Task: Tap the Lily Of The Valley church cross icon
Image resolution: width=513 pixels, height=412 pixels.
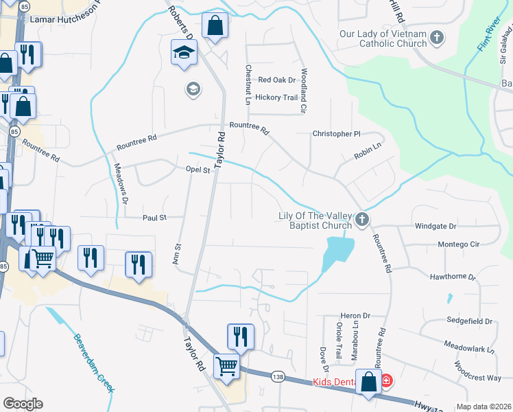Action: (362, 220)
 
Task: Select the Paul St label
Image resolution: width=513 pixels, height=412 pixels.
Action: (154, 218)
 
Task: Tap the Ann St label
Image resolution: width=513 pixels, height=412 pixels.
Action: (178, 255)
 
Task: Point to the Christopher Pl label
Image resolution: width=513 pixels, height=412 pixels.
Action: (336, 133)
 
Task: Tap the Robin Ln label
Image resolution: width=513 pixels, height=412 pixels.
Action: (367, 151)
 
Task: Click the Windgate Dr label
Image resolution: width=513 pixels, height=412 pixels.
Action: (436, 225)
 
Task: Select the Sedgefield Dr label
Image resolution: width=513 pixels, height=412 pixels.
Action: (468, 321)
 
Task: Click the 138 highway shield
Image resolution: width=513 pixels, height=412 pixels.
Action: (277, 376)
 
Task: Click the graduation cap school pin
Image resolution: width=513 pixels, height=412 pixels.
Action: (184, 52)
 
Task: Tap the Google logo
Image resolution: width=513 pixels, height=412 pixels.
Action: (23, 404)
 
